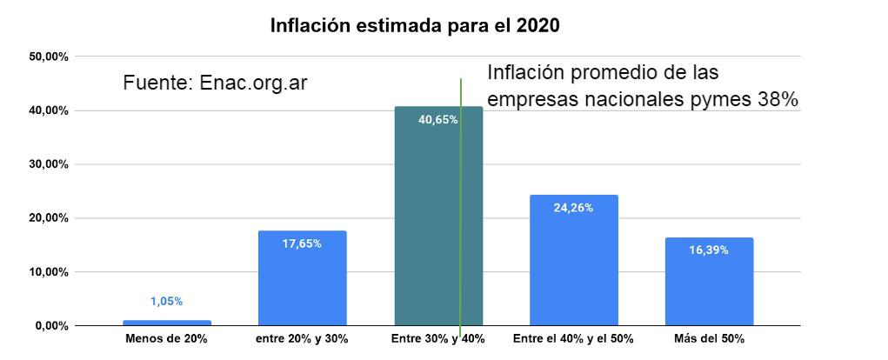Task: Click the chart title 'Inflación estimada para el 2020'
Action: pos(414,25)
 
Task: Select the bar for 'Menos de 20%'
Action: pos(166,323)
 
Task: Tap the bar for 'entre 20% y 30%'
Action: pos(302,278)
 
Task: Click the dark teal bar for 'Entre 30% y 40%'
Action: pos(426,217)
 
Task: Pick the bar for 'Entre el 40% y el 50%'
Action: pos(573,261)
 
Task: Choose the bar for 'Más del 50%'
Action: pos(709,282)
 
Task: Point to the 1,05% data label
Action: pos(166,301)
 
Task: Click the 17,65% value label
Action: pos(302,244)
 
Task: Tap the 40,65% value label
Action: pos(437,120)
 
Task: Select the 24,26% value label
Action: pos(573,208)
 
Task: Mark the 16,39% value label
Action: pos(709,250)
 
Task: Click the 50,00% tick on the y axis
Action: pos(50,57)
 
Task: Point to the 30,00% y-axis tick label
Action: pos(50,164)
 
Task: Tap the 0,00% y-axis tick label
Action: pos(53,325)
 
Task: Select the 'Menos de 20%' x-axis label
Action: pos(166,338)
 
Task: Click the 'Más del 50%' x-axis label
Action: pos(709,338)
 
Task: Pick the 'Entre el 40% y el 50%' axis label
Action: pos(573,338)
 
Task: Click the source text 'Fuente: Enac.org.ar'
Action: pos(215,83)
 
